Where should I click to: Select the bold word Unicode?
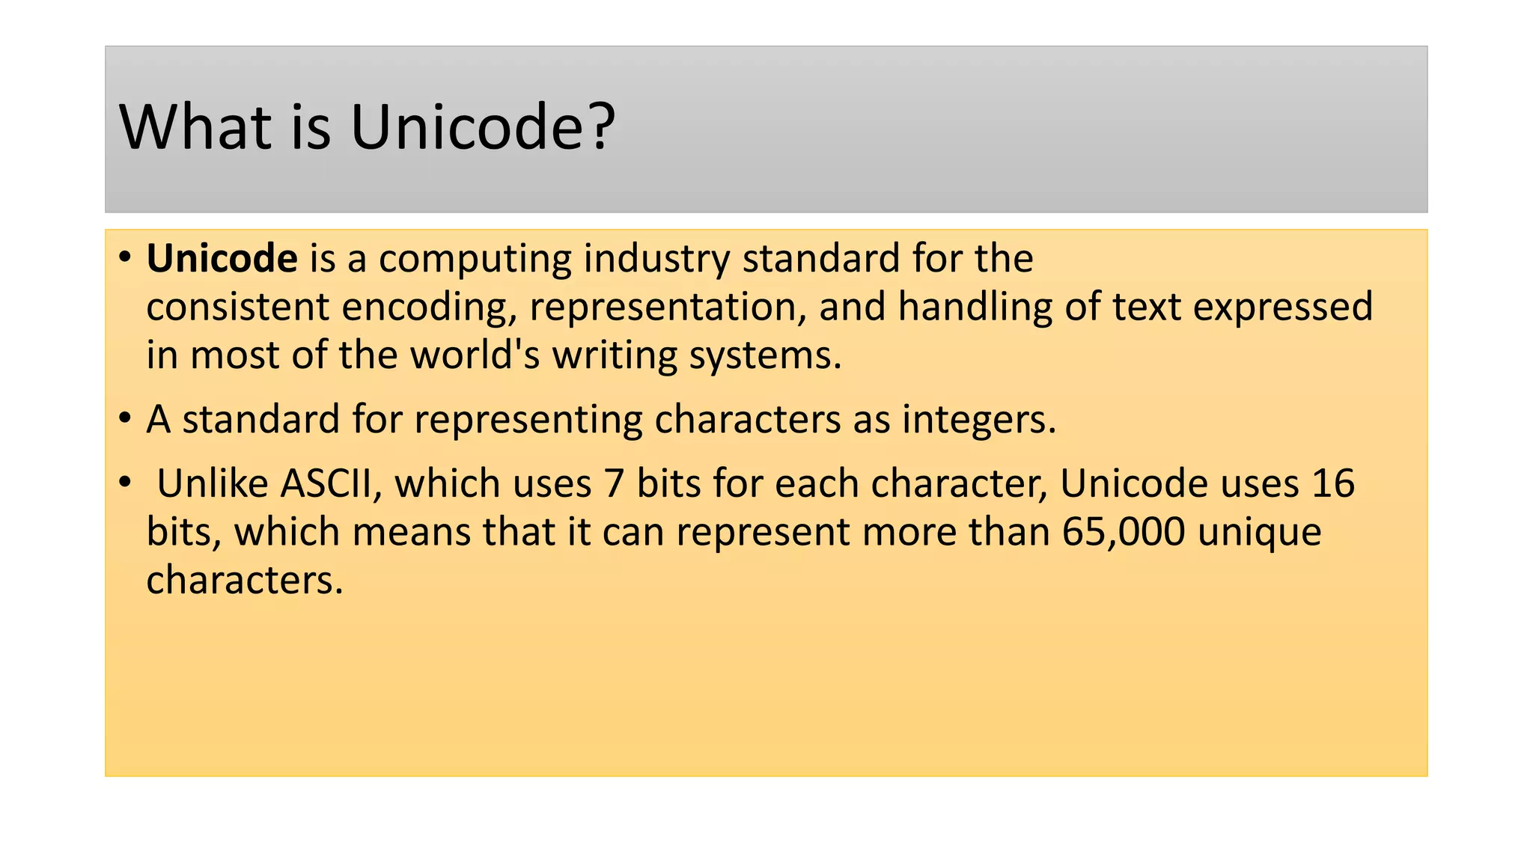tap(222, 259)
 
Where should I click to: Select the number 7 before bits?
tap(614, 484)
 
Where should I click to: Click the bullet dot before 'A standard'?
tap(125, 418)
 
